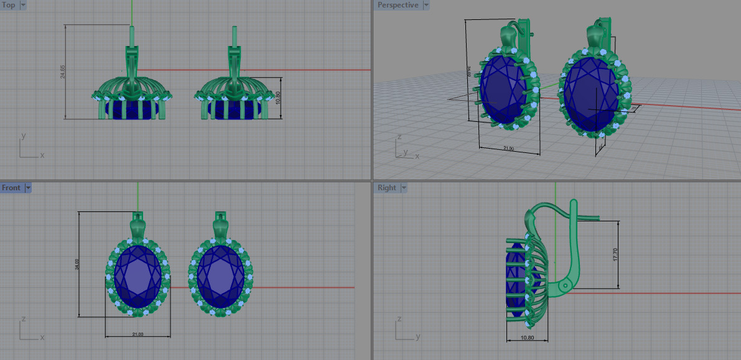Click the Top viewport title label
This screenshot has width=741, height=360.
point(9,5)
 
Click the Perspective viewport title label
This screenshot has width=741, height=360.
point(398,5)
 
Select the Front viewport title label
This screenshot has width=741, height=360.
point(11,188)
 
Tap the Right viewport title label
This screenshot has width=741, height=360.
point(386,188)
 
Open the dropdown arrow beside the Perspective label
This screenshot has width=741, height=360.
point(426,5)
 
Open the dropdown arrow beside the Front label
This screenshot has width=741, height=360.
point(28,188)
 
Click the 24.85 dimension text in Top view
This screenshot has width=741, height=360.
point(63,72)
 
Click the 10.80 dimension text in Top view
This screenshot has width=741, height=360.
point(278,98)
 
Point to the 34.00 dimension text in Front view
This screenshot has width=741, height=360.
point(77,264)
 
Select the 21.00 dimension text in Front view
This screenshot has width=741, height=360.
point(137,335)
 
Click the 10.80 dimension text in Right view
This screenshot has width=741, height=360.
point(526,338)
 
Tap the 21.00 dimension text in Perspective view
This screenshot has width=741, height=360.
point(508,149)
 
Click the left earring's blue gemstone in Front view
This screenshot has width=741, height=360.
point(138,275)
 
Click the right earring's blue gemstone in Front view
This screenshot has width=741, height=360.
point(220,275)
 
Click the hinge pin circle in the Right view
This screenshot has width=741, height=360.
point(564,286)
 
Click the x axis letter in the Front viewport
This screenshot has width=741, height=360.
point(42,338)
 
